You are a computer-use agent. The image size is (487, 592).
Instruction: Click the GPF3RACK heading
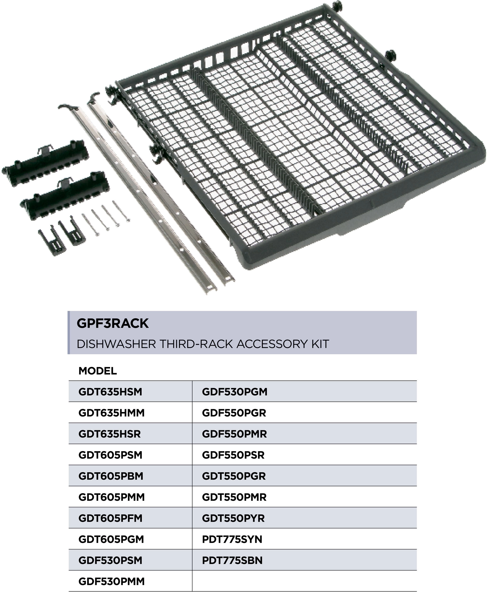click(x=112, y=323)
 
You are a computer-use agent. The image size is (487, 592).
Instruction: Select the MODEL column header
click(x=97, y=371)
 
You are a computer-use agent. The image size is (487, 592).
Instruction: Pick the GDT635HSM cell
click(x=110, y=392)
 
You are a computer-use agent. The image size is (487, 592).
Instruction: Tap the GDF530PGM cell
click(x=235, y=392)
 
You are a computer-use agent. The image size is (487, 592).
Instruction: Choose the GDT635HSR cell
click(x=109, y=434)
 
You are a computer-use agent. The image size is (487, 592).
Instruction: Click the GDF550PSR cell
click(x=233, y=455)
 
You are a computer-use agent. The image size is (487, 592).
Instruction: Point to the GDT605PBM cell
click(x=111, y=476)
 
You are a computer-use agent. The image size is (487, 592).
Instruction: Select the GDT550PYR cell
click(x=233, y=518)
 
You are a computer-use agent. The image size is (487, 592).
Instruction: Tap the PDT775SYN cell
click(x=232, y=539)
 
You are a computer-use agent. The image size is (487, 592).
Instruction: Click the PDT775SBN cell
click(x=232, y=560)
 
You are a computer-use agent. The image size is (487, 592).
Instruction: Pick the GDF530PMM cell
click(x=111, y=581)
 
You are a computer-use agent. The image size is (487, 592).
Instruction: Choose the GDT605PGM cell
click(x=111, y=539)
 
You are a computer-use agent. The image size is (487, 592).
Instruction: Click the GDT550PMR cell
click(x=234, y=497)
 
